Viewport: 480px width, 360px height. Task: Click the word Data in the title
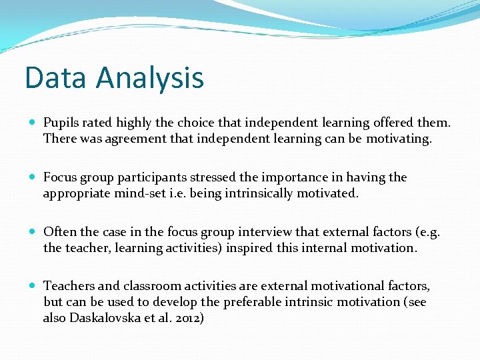[x=56, y=77]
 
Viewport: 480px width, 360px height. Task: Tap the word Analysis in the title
[x=149, y=79]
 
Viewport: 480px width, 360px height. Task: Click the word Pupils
[x=61, y=123]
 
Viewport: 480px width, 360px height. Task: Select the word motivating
[x=398, y=139]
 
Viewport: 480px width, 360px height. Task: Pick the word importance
[x=287, y=177]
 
